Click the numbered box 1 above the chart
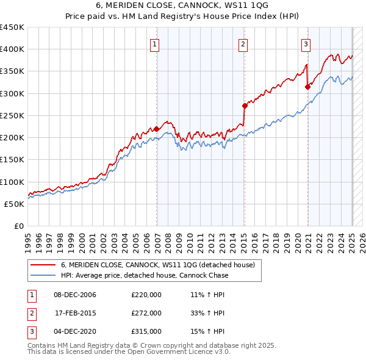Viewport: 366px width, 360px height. [155, 43]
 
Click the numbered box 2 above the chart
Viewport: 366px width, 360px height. [243, 43]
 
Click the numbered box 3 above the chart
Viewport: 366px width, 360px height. [306, 43]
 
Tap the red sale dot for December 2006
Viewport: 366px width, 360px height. [157, 129]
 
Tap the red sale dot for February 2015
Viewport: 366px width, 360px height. [244, 106]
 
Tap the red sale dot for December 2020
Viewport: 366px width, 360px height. [307, 87]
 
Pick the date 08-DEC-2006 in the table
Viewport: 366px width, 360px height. [75, 295]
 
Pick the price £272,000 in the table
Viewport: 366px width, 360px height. [146, 313]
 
